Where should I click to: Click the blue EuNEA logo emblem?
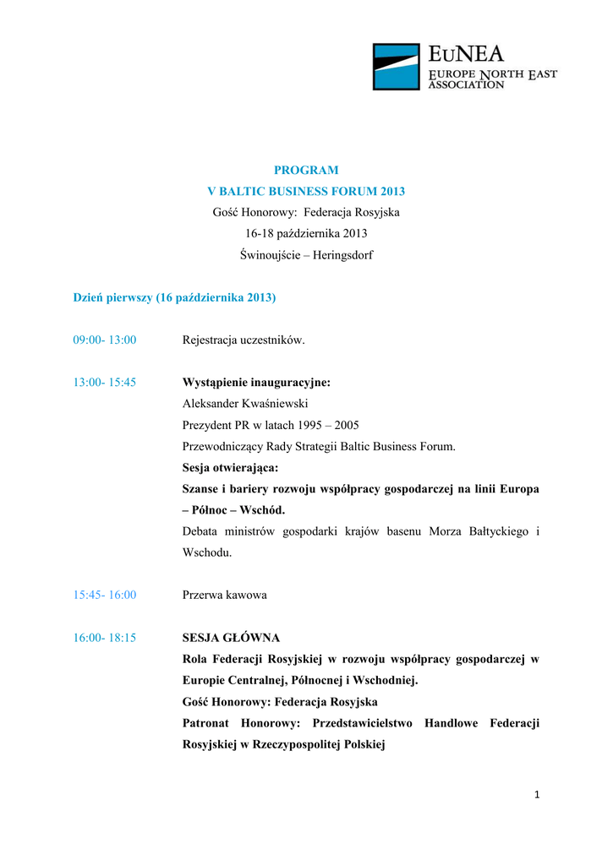click(x=397, y=67)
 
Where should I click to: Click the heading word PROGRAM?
click(x=306, y=170)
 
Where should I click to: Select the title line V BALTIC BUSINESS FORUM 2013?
click(x=306, y=191)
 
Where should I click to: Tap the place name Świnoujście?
click(x=270, y=254)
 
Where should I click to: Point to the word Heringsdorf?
click(x=343, y=254)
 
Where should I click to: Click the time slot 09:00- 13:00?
click(x=105, y=340)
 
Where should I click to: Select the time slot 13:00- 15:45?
click(x=105, y=382)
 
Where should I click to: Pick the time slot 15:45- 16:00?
click(x=105, y=595)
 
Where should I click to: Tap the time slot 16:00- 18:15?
click(x=105, y=637)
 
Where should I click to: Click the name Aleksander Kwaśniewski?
click(x=245, y=404)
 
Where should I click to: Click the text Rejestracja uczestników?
click(x=244, y=340)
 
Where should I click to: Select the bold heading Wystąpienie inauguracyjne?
click(x=256, y=382)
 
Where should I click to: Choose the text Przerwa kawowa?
click(x=225, y=595)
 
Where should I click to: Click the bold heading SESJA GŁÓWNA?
click(x=231, y=637)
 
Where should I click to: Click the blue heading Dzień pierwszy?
click(x=112, y=297)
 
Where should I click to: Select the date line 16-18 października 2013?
click(x=306, y=233)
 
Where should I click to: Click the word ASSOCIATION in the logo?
click(x=467, y=85)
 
